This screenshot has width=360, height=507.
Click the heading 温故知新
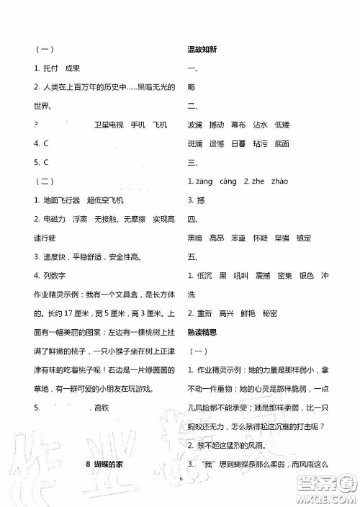coord(202,50)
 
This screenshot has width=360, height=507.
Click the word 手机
coord(138,125)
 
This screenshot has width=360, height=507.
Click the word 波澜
coord(194,125)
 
